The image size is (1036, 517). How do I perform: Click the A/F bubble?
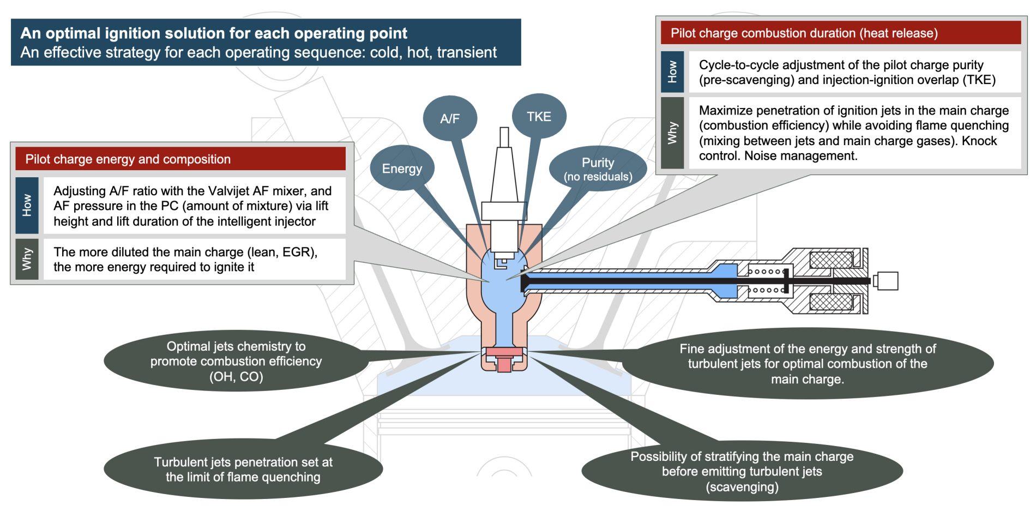tap(450, 118)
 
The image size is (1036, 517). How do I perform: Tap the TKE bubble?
tap(539, 117)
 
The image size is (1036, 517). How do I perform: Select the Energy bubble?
tap(402, 169)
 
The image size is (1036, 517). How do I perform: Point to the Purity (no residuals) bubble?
tap(598, 169)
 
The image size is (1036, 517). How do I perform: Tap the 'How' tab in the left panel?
tap(27, 206)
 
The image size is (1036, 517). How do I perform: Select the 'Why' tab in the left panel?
tap(27, 259)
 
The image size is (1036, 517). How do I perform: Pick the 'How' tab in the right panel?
tap(672, 71)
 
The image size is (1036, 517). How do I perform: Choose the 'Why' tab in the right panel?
tap(672, 133)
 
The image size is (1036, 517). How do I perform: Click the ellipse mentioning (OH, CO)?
tap(236, 361)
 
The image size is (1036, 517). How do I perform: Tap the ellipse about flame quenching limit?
tap(243, 469)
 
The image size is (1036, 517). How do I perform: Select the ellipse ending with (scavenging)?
tap(742, 471)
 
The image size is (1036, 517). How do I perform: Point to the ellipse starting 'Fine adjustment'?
tap(807, 364)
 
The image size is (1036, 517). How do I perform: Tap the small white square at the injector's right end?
tap(887, 281)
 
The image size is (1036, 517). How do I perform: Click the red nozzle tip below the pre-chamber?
tap(504, 361)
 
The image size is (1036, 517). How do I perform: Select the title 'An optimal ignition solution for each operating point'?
tap(214, 33)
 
